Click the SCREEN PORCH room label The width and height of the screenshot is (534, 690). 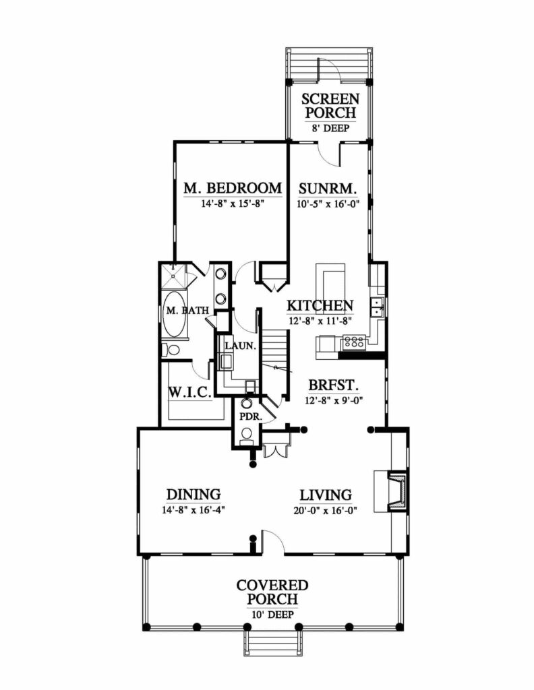coord(330,106)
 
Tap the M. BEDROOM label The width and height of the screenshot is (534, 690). coord(233,188)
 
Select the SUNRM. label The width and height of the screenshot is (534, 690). coord(328,189)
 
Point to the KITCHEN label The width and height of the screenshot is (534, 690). coord(320,305)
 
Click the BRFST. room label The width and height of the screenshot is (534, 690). coord(333,385)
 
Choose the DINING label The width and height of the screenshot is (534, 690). coord(194,494)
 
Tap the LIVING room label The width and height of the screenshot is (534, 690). coord(326,495)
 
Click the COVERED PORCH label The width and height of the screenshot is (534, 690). coord(272,592)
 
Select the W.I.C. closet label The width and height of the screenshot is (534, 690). coord(190,392)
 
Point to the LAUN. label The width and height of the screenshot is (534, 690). coord(240,346)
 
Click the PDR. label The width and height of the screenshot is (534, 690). coord(251,416)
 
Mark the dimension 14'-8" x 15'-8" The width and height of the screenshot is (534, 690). coord(233,203)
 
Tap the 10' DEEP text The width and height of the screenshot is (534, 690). coord(272,615)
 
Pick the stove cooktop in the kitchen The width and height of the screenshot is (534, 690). coord(354,342)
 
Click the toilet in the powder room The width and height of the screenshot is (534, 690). coord(247,434)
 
